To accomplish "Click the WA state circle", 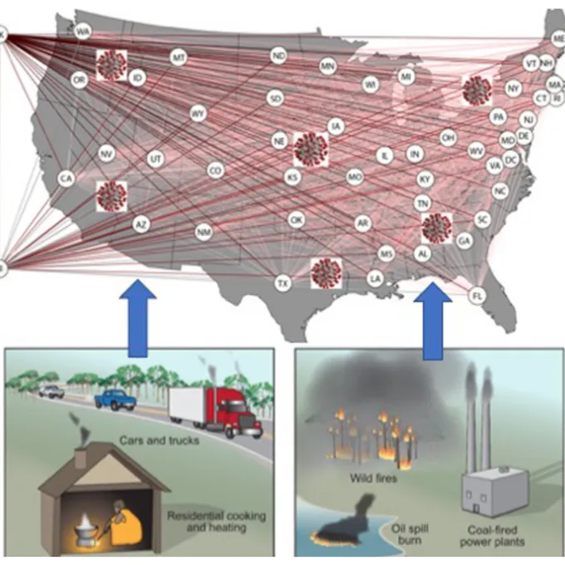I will point(82,32).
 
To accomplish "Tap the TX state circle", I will point(283,284).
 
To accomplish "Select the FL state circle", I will point(477,295).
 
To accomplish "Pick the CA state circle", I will point(66,178).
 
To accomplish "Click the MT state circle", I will point(178,57).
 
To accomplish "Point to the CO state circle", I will point(215,170).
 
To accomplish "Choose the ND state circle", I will point(279,56).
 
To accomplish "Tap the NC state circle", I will point(500,190).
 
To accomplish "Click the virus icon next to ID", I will point(111,65).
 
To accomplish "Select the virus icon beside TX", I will point(325,273).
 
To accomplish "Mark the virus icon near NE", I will point(311,149).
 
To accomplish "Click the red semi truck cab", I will point(238,411).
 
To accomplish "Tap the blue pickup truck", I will point(114,400).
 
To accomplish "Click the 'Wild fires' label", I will point(367,479).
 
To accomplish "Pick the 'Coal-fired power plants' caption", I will point(497,537).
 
